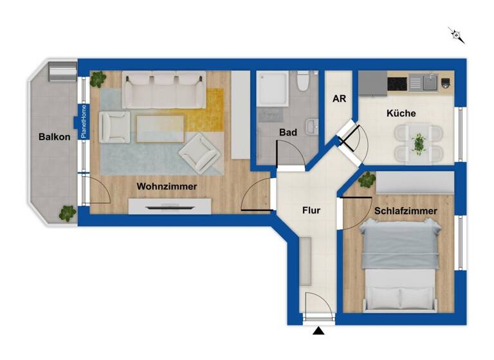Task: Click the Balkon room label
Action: click(54, 137)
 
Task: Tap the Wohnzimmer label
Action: click(167, 186)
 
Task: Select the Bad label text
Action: click(288, 132)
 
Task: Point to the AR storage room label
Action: click(339, 100)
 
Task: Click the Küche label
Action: click(401, 113)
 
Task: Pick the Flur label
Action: click(311, 210)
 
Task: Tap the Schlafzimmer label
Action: click(405, 211)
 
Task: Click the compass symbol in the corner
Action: click(457, 35)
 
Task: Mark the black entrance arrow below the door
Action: click(319, 331)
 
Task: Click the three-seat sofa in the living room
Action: click(164, 90)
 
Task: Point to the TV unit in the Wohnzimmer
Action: click(169, 206)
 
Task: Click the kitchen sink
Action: click(423, 82)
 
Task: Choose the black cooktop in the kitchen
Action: click(397, 83)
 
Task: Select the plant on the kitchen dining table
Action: click(419, 143)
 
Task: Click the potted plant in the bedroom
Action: click(367, 179)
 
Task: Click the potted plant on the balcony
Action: click(67, 213)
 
